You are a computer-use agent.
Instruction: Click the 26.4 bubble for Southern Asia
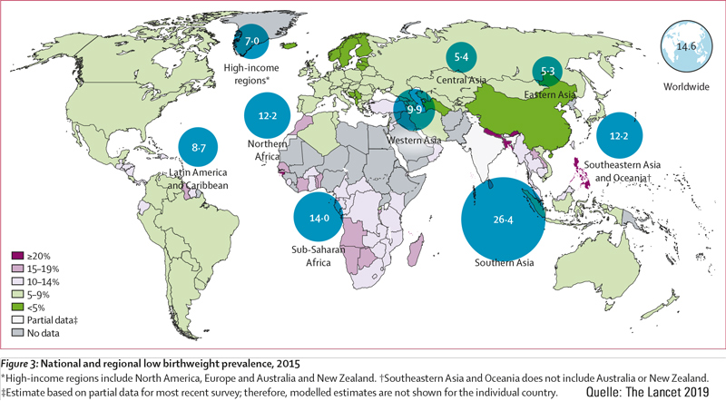point(505,219)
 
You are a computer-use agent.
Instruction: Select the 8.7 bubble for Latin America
point(200,146)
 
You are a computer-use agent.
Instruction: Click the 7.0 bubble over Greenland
point(252,41)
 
